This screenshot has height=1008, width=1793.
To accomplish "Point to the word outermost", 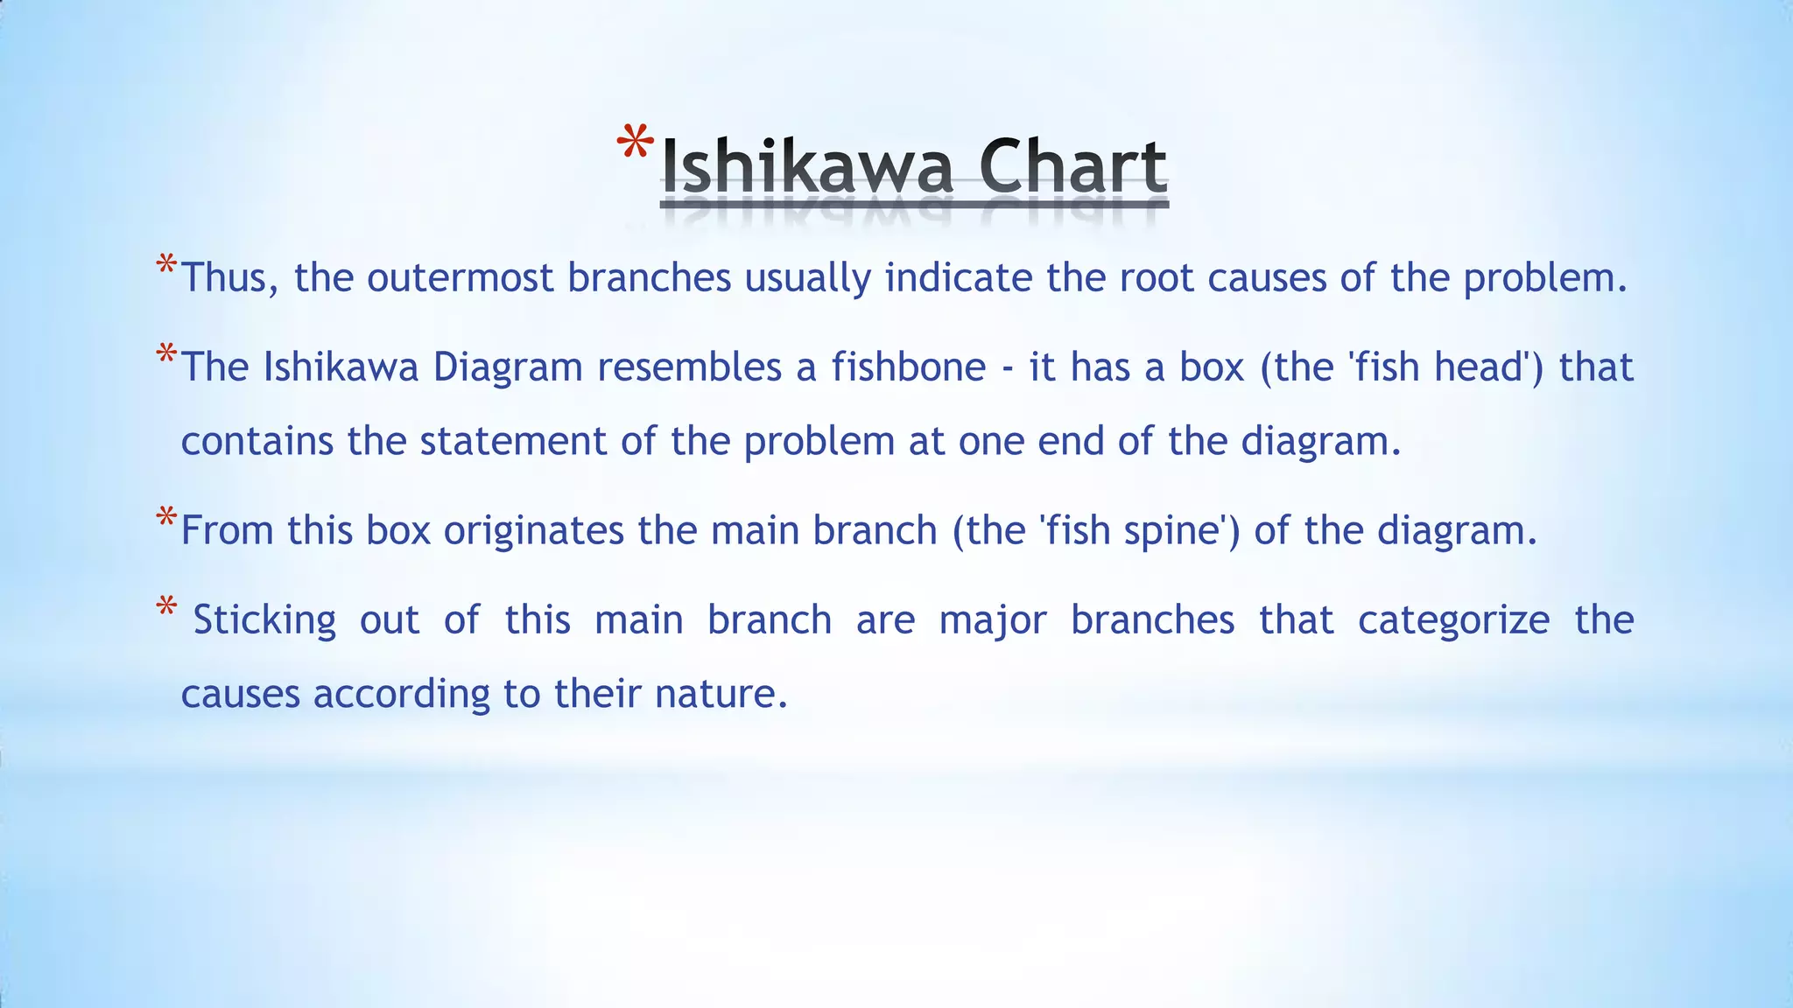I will [x=461, y=278].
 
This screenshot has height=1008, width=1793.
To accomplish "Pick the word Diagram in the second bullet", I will [x=508, y=367].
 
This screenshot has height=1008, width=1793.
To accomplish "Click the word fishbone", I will [x=909, y=367].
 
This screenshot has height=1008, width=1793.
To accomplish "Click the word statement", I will [x=513, y=441].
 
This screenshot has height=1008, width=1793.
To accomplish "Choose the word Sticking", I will [x=264, y=620].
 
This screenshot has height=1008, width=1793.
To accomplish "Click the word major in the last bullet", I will [x=993, y=620].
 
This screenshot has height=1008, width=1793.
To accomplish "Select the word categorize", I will [x=1453, y=620].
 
